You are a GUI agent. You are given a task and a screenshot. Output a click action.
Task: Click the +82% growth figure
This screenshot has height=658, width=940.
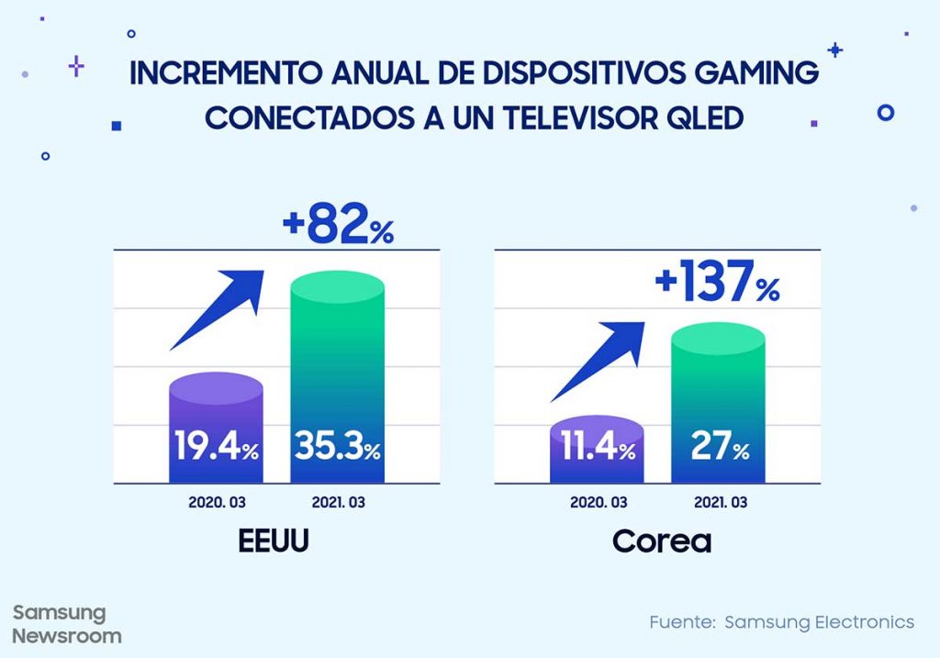[335, 226]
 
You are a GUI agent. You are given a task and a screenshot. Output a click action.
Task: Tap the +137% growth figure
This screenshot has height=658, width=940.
[717, 281]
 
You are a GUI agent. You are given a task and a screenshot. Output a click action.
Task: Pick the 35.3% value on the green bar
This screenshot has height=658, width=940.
[337, 449]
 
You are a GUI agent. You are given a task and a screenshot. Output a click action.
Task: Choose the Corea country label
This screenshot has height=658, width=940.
[662, 541]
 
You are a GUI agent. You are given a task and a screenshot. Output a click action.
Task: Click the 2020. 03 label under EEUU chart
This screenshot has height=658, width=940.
[217, 503]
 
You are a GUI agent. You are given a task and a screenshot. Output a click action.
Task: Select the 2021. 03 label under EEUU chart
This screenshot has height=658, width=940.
[337, 503]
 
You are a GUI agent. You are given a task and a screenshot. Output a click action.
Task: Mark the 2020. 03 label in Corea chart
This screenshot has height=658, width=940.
[599, 503]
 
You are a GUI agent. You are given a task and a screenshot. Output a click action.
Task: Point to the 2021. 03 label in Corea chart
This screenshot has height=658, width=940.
[717, 503]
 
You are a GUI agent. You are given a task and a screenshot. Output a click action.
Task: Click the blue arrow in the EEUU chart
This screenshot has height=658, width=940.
[218, 308]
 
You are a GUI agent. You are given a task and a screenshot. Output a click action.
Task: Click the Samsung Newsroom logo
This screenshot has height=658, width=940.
[66, 624]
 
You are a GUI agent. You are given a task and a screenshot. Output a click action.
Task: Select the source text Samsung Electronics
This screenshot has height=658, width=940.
[819, 622]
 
